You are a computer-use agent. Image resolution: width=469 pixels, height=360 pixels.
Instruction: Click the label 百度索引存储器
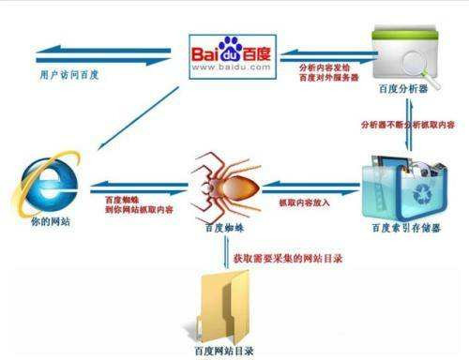pos(401,229)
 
